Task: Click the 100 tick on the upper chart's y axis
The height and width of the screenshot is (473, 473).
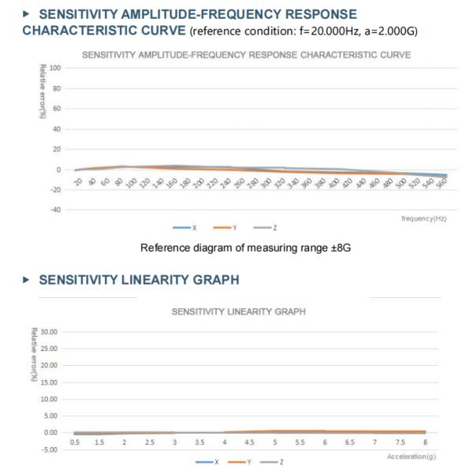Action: coord(54,69)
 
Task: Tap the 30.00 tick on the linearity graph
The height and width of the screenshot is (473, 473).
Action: coord(50,331)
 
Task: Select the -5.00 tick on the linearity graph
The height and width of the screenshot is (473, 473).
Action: coord(51,449)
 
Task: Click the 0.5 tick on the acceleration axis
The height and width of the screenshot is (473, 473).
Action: coord(75,442)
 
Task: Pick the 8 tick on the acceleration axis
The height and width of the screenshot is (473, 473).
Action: coord(425,442)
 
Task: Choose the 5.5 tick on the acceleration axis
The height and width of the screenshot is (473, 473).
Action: coord(300,442)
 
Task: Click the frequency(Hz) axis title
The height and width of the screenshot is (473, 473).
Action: coord(423,218)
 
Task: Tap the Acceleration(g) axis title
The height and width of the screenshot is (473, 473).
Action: coord(412,456)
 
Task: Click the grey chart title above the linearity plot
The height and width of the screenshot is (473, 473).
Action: coord(239,312)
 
